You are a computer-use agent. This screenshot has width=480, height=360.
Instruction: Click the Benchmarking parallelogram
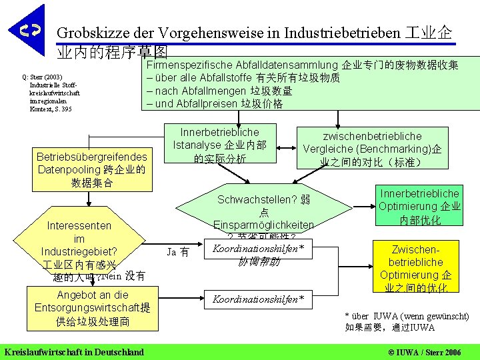point(371,149)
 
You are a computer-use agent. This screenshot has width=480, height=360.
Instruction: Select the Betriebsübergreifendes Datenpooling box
point(92,169)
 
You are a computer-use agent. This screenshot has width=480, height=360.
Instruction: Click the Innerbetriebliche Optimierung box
point(419,207)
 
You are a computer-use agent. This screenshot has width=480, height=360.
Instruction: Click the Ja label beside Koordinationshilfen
point(176,252)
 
